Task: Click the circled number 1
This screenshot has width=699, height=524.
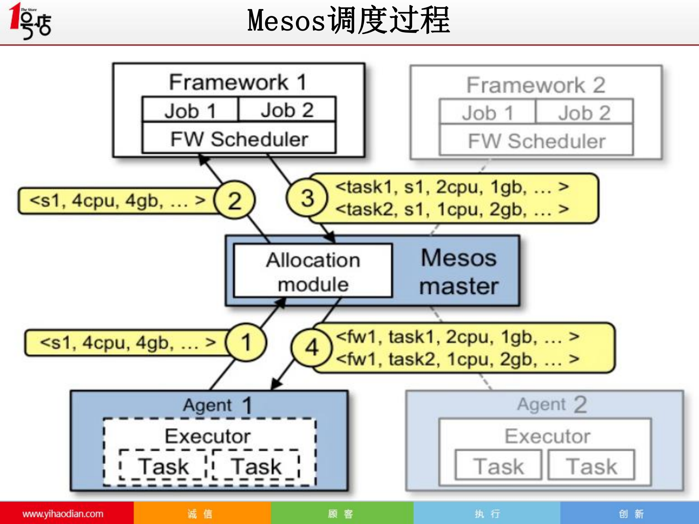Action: point(246,342)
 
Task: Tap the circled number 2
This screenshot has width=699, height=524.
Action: point(235,200)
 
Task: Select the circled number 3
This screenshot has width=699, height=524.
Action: point(307,198)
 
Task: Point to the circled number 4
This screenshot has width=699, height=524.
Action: point(312,347)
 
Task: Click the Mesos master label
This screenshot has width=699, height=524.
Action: point(459,272)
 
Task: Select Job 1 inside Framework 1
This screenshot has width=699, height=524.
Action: point(190,110)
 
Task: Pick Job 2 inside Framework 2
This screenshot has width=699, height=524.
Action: point(584,113)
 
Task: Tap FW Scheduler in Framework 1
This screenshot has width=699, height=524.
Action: point(239,139)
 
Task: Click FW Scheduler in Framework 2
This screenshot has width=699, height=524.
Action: point(536,141)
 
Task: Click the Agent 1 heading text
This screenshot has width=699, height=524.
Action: point(217,405)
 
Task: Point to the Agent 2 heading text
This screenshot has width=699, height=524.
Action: point(552,404)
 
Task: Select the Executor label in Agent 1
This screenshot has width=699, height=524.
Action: point(208,436)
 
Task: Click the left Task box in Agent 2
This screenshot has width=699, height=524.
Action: point(498,466)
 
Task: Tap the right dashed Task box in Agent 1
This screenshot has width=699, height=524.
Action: point(256,466)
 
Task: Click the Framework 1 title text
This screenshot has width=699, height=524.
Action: point(237,82)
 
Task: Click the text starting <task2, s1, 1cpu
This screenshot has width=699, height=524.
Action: point(452,209)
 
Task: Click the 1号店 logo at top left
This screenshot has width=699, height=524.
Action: point(30,21)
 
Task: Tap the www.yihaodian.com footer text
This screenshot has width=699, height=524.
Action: point(63,514)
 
